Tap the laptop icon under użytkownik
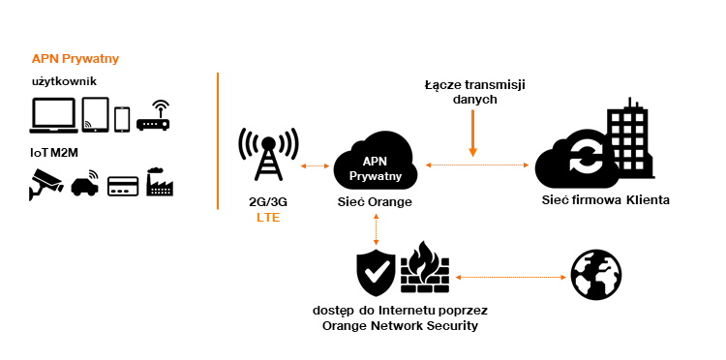(x=53, y=116)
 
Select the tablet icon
(x=95, y=115)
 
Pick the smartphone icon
(x=122, y=118)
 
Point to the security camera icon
(x=46, y=182)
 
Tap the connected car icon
(x=85, y=182)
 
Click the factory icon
(x=161, y=182)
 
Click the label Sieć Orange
(x=374, y=202)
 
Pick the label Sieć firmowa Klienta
(x=605, y=200)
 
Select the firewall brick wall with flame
(x=425, y=270)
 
